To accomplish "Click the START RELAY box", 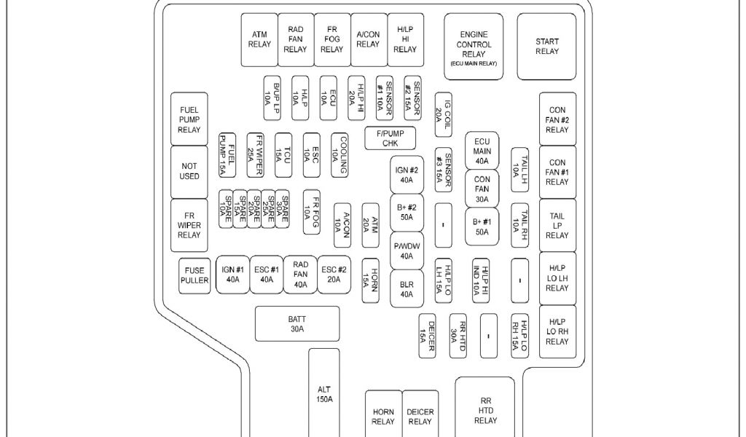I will click(x=547, y=47).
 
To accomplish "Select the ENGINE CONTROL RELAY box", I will click(x=474, y=47).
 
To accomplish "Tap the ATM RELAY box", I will click(x=259, y=39).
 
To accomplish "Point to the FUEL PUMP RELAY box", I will click(x=189, y=119).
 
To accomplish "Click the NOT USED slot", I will click(x=189, y=171).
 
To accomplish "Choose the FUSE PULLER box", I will click(x=195, y=275).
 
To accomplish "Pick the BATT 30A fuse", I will click(x=297, y=323).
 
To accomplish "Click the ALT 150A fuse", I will click(x=324, y=393).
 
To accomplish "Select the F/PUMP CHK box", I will click(x=390, y=138).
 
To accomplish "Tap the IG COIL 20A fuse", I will click(x=444, y=114).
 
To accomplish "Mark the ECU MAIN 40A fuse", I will click(x=482, y=151).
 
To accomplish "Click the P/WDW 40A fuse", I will click(x=406, y=251).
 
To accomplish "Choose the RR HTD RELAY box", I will click(x=485, y=409).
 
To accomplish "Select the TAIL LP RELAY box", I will click(x=557, y=225).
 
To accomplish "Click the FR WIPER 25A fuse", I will click(x=256, y=154).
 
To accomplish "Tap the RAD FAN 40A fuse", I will click(x=300, y=275).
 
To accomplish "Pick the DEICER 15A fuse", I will click(x=428, y=336).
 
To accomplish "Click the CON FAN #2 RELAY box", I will click(x=557, y=119).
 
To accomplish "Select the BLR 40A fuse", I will click(x=406, y=289).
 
